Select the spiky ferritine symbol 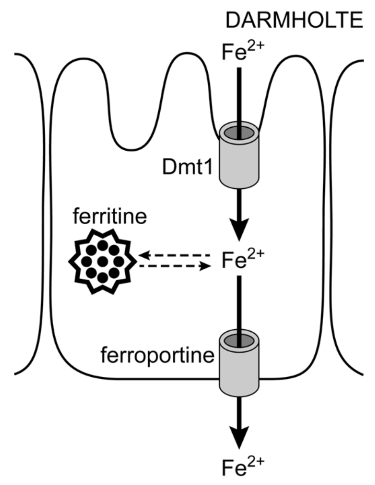point(102,261)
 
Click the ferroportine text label point(158,355)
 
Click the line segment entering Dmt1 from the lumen point(238,97)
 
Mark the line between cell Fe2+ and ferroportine point(238,304)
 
